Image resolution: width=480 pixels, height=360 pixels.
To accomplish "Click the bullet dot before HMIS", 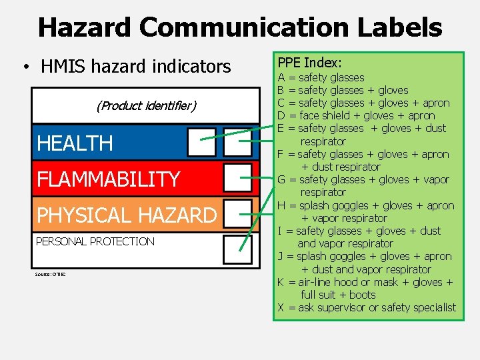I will click(25, 67).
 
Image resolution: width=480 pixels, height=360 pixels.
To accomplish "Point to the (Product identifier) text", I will click(146, 105).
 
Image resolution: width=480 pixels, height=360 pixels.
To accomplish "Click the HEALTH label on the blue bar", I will click(75, 143).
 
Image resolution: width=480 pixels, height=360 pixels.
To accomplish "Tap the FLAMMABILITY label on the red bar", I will click(108, 179).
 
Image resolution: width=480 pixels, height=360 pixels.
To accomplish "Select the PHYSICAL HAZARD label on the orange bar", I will click(127, 215).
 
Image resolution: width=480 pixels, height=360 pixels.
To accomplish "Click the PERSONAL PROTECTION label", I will click(95, 241).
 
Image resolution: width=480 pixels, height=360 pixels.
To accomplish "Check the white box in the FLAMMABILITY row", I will click(237, 178).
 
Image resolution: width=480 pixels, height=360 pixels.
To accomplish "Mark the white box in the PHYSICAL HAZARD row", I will click(237, 213).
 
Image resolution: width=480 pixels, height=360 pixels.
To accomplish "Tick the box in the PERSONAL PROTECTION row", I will click(237, 249).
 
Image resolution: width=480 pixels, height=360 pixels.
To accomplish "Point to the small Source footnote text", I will click(50, 274).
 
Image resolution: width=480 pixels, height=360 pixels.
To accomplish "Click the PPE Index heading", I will click(309, 63).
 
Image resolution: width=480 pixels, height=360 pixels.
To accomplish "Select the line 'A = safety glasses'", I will click(321, 77).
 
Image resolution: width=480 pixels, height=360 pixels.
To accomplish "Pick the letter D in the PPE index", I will click(281, 116).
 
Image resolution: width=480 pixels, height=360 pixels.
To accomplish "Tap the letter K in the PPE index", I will click(281, 282).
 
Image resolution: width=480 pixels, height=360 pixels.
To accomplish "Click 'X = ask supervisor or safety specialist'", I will click(367, 307).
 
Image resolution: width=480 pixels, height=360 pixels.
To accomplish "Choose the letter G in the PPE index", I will click(282, 179).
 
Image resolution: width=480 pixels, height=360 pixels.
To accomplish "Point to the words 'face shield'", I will click(323, 116).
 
